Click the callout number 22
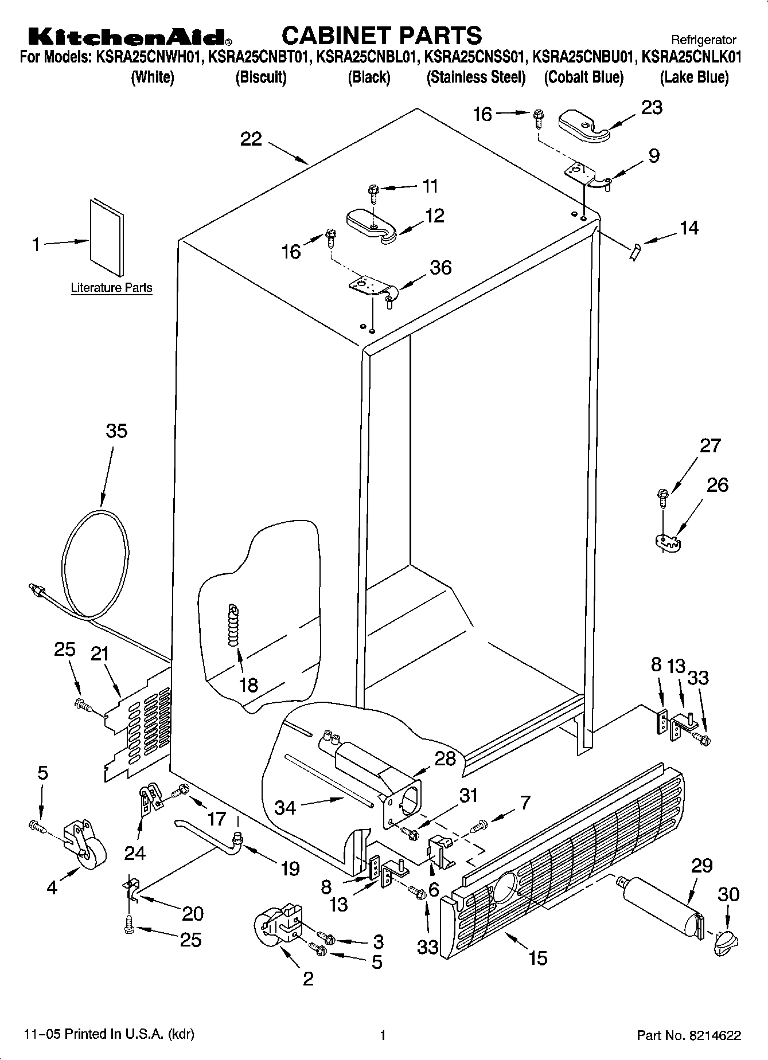[251, 139]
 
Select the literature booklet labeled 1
[106, 237]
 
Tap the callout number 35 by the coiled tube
[116, 431]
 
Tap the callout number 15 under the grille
[538, 957]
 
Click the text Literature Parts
[111, 287]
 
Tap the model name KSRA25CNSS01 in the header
[476, 57]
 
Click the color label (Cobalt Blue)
[583, 77]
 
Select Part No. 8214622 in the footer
[689, 1035]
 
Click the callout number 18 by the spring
[248, 684]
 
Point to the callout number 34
[285, 808]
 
